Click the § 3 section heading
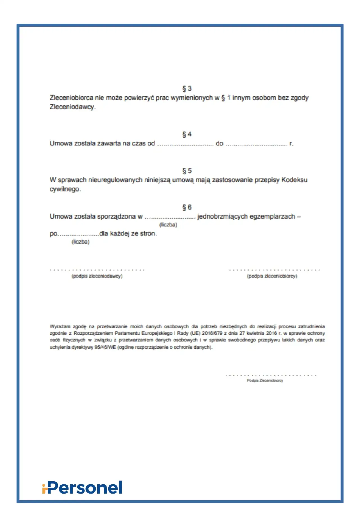click(x=187, y=89)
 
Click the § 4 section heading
click(x=187, y=134)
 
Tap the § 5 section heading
click(x=187, y=171)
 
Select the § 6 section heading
click(x=187, y=207)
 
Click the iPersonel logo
click(x=82, y=487)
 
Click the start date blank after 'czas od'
click(x=185, y=144)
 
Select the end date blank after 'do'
click(x=256, y=144)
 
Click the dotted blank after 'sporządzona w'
click(x=170, y=217)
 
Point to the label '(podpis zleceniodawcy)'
click(x=97, y=276)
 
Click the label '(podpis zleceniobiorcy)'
click(x=272, y=276)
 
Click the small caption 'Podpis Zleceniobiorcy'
click(x=265, y=380)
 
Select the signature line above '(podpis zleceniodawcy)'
click(x=97, y=270)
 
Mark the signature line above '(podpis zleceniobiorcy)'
click(x=274, y=270)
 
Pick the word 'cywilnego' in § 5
click(x=65, y=189)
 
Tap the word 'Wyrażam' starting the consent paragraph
click(x=60, y=326)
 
